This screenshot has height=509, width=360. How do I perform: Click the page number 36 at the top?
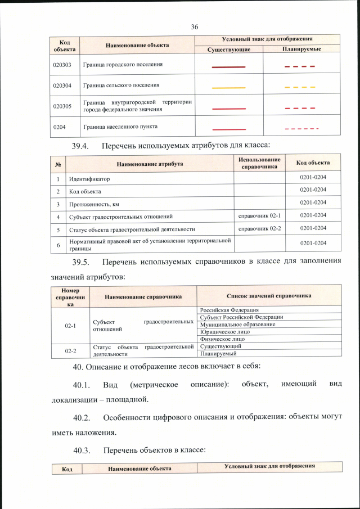click(x=195, y=27)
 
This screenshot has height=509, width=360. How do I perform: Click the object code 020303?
click(x=62, y=65)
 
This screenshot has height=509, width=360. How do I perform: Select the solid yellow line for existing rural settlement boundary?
click(x=228, y=88)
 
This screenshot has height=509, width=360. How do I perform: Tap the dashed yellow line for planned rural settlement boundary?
click(x=300, y=88)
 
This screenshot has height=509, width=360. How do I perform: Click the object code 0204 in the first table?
click(x=58, y=127)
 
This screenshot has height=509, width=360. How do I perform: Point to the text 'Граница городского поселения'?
click(x=123, y=65)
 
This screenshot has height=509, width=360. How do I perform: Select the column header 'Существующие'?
click(x=228, y=49)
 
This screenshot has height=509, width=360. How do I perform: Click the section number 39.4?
click(x=83, y=146)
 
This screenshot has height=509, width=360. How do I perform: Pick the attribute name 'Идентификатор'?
click(x=89, y=179)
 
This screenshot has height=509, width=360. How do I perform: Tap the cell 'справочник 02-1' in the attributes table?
click(x=259, y=215)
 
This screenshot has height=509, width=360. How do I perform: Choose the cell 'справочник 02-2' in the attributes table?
click(x=259, y=228)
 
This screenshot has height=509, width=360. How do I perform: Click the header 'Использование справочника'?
click(x=259, y=163)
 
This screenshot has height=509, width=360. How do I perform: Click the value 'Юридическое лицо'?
click(x=223, y=332)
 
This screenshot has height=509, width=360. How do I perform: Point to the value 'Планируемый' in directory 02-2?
click(x=218, y=354)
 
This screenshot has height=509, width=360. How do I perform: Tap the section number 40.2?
click(x=83, y=418)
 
